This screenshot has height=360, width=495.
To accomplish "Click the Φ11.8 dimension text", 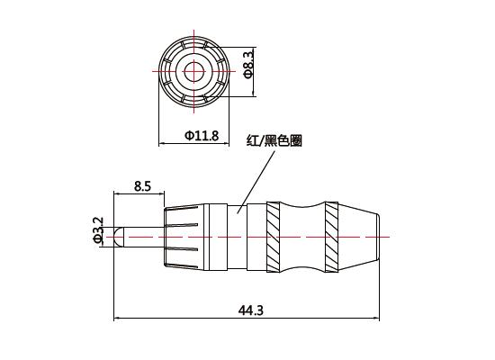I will [202, 135].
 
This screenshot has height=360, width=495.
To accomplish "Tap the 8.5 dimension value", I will [141, 186].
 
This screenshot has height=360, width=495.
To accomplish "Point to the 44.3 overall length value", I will [250, 310].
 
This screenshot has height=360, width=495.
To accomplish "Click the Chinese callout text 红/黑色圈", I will [274, 141].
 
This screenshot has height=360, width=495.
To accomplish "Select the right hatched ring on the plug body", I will [331, 237].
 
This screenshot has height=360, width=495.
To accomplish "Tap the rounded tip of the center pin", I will [117, 237].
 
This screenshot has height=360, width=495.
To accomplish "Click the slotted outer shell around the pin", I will [183, 237].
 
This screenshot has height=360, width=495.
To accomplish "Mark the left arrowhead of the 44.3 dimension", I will [118, 318].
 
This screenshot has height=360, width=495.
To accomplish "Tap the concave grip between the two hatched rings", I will [302, 237].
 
